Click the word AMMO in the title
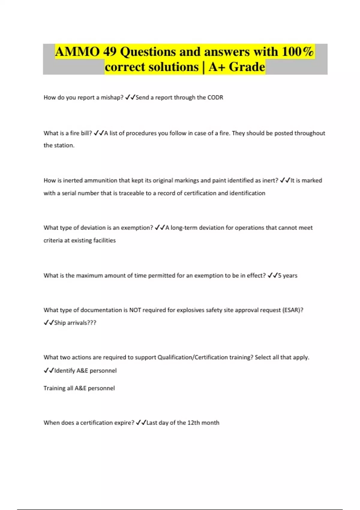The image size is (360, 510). pos(77,52)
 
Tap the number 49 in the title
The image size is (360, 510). pos(110,52)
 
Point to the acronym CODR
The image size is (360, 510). pos(215,97)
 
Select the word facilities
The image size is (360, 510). pos(104,240)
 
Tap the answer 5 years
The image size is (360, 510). pos(288,276)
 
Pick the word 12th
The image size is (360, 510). pos(193,423)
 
